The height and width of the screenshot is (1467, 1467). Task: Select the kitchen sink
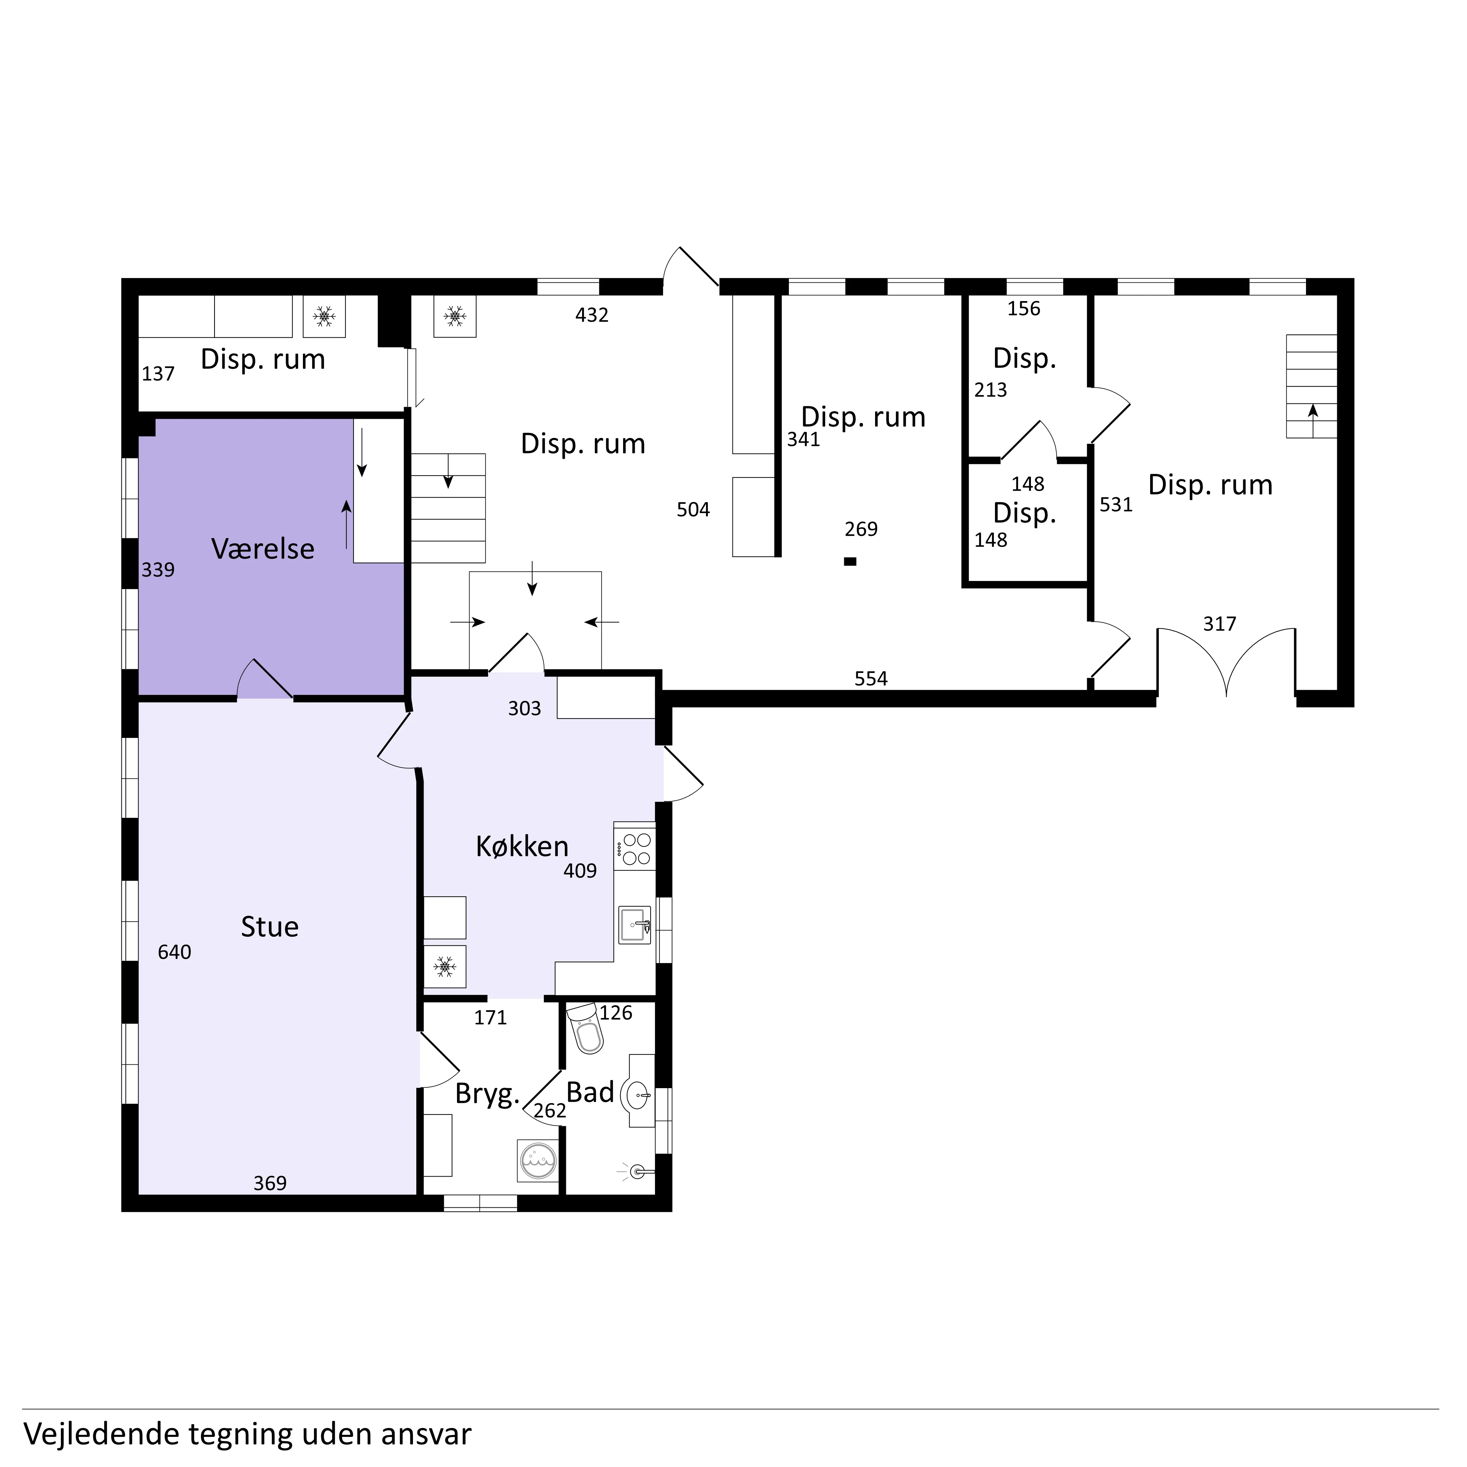point(635,925)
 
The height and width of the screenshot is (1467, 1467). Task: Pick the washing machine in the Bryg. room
point(538,1160)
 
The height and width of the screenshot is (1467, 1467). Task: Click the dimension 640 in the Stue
point(175,952)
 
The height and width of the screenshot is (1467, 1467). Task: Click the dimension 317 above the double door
point(1219,624)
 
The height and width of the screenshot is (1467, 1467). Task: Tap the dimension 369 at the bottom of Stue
point(270,1183)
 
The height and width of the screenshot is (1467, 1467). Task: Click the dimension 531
point(1116,505)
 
